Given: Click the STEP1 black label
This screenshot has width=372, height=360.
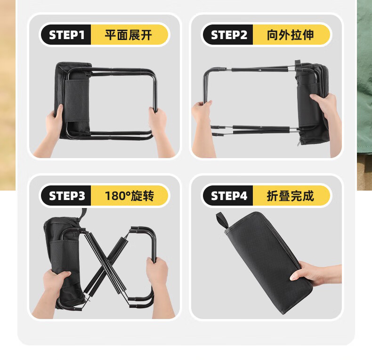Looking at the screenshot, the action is [x=66, y=35].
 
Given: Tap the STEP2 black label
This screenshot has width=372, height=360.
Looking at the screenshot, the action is [x=228, y=35].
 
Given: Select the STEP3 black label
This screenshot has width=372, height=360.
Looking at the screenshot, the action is [x=66, y=196].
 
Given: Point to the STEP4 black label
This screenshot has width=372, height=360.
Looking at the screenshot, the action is [x=228, y=196].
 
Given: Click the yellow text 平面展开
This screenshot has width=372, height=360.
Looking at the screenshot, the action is [x=129, y=35].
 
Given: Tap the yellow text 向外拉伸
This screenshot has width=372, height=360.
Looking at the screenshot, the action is [x=291, y=35].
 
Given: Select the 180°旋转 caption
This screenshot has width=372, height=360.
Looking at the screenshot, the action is [x=129, y=196].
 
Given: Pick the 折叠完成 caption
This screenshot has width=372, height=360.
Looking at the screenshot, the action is [x=291, y=196].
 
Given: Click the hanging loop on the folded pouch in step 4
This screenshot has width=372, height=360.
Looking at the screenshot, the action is [x=222, y=220].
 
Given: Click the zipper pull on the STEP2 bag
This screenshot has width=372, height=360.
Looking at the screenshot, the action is [x=299, y=143].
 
